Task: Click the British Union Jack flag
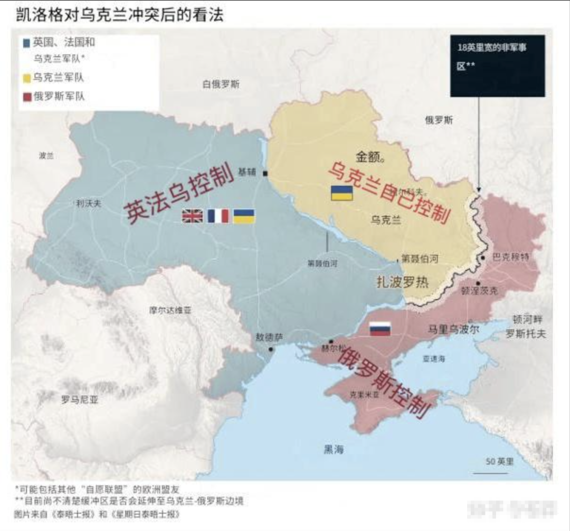pos(192,216)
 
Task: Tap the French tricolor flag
pos(218,216)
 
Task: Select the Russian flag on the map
pos(380,329)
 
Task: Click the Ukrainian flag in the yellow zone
pos(341,193)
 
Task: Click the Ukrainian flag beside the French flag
pos(244,216)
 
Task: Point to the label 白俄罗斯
pos(221,84)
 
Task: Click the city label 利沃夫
pos(88,203)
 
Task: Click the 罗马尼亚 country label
pos(80,400)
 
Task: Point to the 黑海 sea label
pos(334,450)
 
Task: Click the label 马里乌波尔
pos(454,329)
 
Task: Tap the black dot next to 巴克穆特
pos(483,258)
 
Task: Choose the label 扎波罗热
pos(402,282)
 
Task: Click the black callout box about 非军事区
pos(497,66)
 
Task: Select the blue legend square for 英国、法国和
pos(26,42)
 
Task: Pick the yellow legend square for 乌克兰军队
pos(26,78)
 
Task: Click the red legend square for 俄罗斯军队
pos(26,97)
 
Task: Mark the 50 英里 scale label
pos(499,461)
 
